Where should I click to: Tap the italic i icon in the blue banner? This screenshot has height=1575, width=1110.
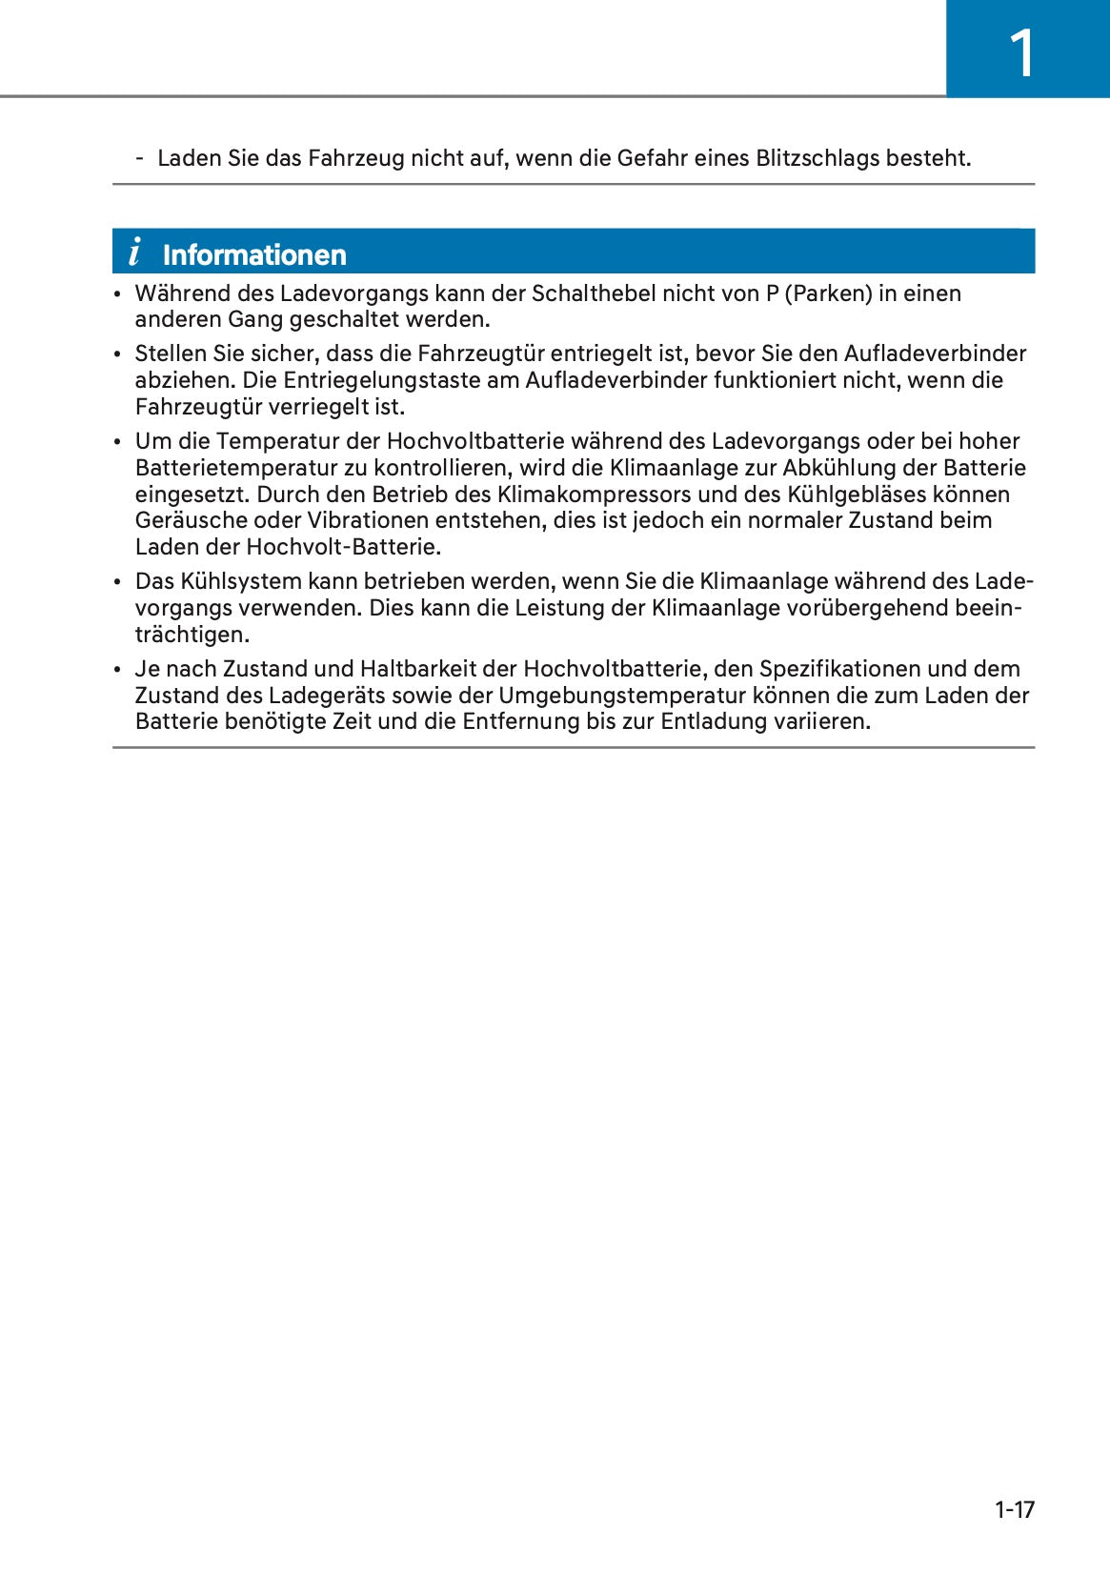tap(134, 252)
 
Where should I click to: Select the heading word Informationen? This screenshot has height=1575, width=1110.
tap(254, 255)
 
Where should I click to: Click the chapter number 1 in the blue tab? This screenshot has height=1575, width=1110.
tap(1021, 53)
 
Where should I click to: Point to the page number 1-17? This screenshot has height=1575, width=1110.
tap(1014, 1509)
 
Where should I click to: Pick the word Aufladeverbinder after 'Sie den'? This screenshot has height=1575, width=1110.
tap(935, 354)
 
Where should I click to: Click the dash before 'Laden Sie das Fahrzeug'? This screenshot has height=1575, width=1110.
tap(140, 158)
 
